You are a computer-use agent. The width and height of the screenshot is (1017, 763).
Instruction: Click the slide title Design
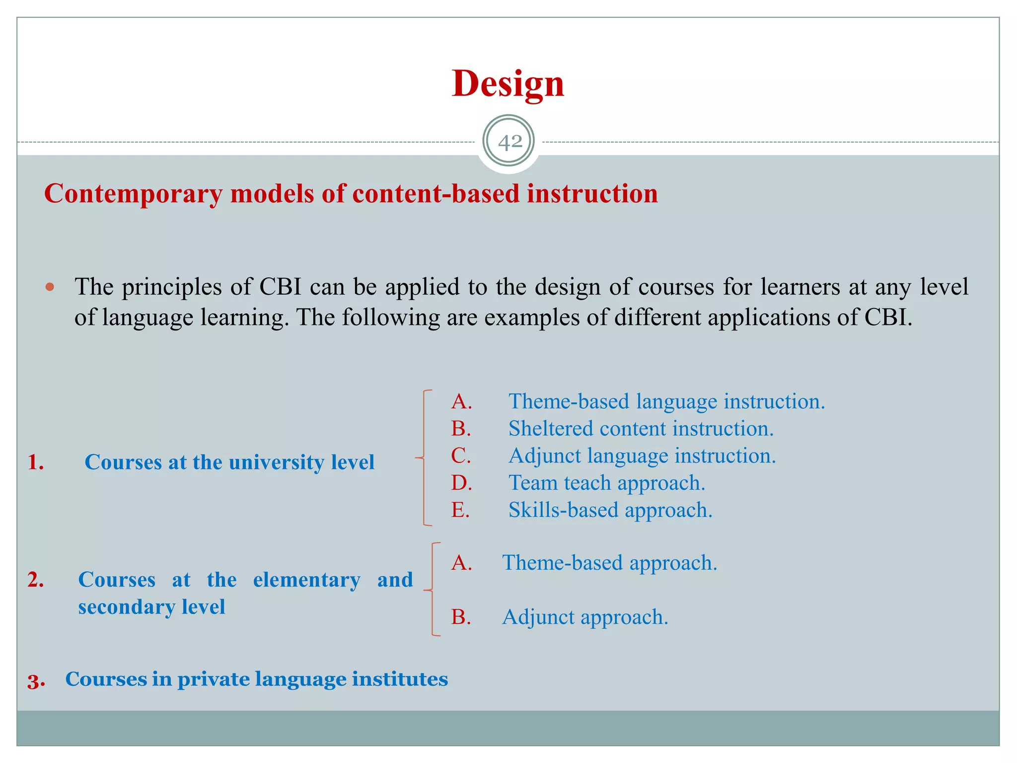click(x=508, y=83)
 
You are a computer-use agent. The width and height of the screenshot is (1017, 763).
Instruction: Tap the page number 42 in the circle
click(x=509, y=142)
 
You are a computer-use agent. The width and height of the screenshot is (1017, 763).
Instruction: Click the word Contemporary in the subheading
click(x=133, y=194)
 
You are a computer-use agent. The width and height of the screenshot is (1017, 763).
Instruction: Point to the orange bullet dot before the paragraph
click(x=50, y=287)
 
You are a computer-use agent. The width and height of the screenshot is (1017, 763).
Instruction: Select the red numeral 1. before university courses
click(x=36, y=462)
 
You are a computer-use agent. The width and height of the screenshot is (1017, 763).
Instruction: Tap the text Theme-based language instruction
click(x=666, y=401)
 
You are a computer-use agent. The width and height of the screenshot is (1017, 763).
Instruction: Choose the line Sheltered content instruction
click(x=641, y=429)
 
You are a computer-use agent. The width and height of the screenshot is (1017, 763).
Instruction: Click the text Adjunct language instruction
click(x=642, y=456)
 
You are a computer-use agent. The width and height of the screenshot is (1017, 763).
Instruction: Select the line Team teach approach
click(x=606, y=483)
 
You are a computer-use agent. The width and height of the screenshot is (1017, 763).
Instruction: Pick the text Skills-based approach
click(x=610, y=510)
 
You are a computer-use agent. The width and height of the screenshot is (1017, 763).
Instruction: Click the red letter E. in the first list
click(x=460, y=510)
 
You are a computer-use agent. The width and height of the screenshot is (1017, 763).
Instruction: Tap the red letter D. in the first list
click(x=461, y=483)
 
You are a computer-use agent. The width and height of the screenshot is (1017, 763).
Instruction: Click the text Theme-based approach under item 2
click(x=609, y=563)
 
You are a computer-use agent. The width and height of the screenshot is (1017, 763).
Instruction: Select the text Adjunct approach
click(x=585, y=617)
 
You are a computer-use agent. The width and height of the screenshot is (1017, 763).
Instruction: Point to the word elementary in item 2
click(x=306, y=580)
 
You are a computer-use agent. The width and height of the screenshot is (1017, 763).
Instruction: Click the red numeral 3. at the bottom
click(x=36, y=681)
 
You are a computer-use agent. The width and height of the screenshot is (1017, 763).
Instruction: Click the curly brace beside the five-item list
click(x=424, y=458)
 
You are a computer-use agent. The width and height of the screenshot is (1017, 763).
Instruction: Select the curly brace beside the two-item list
click(x=433, y=590)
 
